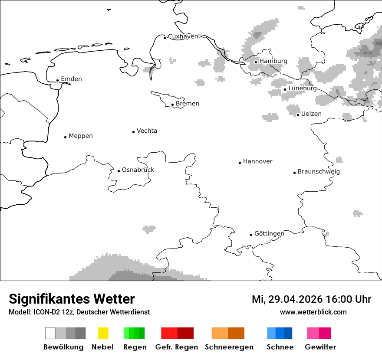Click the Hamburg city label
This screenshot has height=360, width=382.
coord(273,61)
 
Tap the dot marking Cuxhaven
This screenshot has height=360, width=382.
coord(165,38)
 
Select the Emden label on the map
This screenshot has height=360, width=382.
coord(71,79)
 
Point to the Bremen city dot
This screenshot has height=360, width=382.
coord(172,105)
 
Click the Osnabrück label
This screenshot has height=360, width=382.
coord(138,170)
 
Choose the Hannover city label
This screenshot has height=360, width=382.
coord(257,161)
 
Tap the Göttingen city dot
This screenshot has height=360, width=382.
coord(251,235)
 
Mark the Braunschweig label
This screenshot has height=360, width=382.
coord(319,172)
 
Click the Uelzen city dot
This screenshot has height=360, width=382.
coord(298,115)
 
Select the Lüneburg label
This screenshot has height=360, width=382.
coord(303,88)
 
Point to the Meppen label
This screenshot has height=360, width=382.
coord(81,136)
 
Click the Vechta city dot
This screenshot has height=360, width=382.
coord(133,132)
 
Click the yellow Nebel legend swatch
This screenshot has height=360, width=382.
coord(103,333)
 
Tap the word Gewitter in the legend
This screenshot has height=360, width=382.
coord(320,347)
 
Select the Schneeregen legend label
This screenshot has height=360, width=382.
coord(229,347)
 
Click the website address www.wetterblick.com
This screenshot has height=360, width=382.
coord(313,312)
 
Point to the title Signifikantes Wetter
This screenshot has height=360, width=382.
coord(72,299)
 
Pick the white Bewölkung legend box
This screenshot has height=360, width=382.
coord(50,333)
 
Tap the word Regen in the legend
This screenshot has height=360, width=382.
coord(135,347)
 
